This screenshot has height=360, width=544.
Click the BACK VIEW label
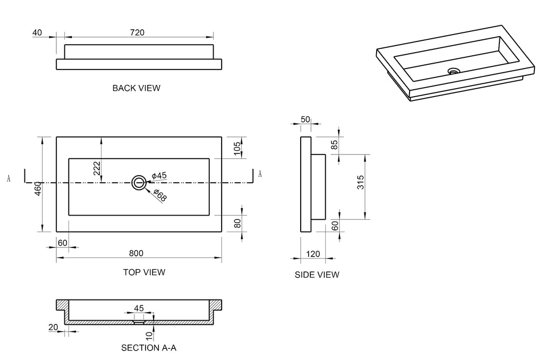click(137, 88)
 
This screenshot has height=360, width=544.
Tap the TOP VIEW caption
click(144, 272)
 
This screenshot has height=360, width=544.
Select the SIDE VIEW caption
click(317, 275)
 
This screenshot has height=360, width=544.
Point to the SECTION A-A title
click(149, 348)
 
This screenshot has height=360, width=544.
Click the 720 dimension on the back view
click(137, 32)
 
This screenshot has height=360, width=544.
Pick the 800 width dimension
click(136, 253)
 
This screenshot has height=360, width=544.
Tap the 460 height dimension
click(38, 188)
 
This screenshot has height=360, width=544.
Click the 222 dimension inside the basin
click(97, 168)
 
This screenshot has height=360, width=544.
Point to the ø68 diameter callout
click(160, 195)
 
